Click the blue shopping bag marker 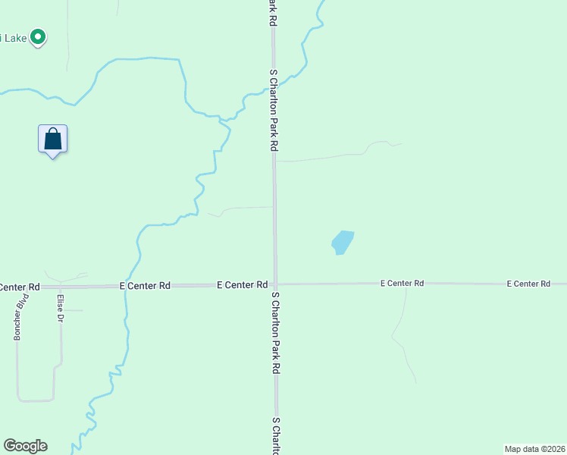click(52, 140)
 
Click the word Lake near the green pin click(14, 36)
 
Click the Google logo click(25, 446)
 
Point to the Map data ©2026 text click(534, 449)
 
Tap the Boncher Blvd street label click(17, 322)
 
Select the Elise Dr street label click(60, 309)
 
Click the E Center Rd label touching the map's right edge click(528, 284)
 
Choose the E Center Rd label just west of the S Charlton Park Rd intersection click(242, 285)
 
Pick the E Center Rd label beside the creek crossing click(145, 286)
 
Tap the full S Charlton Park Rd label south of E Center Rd click(276, 333)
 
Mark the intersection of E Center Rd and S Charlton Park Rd click(276, 284)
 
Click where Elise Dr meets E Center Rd click(61, 287)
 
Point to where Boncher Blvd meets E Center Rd click(17, 287)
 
